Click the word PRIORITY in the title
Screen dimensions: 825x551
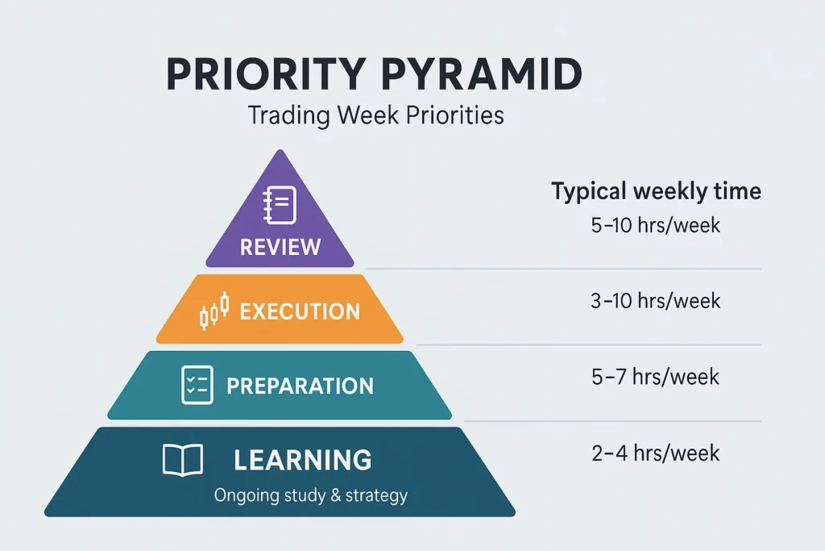[266, 74]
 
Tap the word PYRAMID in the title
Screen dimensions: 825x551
[482, 74]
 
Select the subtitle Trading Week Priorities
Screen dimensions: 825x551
[375, 115]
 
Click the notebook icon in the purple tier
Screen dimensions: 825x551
[280, 205]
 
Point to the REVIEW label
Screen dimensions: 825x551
[280, 247]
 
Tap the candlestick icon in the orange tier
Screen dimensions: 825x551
[214, 311]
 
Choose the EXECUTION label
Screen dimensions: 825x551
[300, 311]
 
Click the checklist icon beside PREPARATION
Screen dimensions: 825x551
[197, 385]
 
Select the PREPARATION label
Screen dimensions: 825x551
[300, 386]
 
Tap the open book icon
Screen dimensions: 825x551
[183, 460]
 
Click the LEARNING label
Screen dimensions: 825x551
[303, 460]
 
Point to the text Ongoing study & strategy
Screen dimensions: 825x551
[310, 495]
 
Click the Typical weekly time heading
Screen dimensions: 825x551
[656, 191]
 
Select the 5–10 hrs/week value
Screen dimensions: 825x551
[656, 225]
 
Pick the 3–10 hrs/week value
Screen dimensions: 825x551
[656, 301]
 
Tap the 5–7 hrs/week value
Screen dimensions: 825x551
[656, 378]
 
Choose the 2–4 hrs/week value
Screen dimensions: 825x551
[656, 453]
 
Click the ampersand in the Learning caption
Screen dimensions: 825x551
[336, 495]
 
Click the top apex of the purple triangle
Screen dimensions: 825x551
[280, 150]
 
